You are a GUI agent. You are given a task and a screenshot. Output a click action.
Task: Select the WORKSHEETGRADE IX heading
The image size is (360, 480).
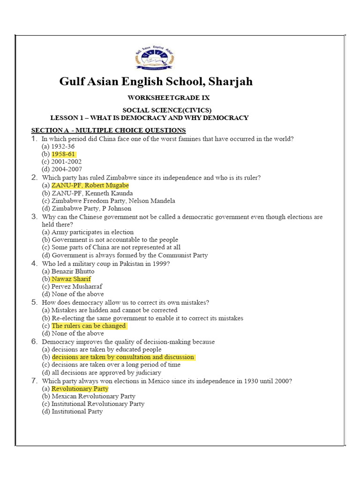coord(169,98)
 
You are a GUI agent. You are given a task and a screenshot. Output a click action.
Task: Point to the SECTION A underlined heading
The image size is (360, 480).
coord(108,130)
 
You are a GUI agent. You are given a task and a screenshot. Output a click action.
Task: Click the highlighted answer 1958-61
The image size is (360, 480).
coord(63,154)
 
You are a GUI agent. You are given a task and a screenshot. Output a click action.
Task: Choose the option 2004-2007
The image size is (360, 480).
coord(62,169)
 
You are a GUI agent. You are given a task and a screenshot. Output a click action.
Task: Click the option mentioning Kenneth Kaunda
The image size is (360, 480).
coord(87,193)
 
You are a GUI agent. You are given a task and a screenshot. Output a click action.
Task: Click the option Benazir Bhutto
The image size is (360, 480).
coord(68,271)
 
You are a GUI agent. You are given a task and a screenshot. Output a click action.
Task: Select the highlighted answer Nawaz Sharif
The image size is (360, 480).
coord(71,279)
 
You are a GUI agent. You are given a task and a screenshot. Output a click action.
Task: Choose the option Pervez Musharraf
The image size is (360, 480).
coord(72,286)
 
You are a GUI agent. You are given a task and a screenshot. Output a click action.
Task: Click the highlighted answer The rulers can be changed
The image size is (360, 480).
coord(89,326)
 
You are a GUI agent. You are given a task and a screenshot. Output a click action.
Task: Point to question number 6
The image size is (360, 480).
coord(34,342)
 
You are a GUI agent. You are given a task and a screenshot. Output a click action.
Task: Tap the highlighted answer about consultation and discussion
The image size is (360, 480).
coord(122,357)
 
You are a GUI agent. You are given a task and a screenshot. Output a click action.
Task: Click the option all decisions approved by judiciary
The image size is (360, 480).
coord(101,373)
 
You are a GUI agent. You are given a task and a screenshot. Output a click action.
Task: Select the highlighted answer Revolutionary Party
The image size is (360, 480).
coord(80,389)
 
